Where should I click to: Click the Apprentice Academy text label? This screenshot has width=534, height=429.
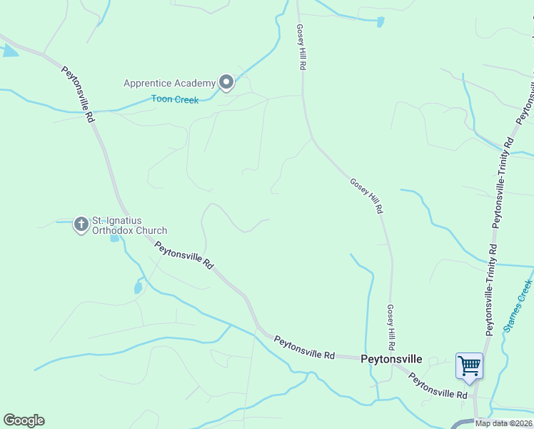pyautogui.click(x=169, y=83)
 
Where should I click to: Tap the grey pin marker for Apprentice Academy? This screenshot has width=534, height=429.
pyautogui.click(x=226, y=83)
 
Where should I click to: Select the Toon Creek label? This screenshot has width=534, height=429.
pyautogui.click(x=175, y=99)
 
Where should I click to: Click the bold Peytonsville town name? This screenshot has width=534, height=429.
pyautogui.click(x=391, y=359)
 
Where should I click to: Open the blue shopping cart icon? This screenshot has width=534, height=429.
pyautogui.click(x=469, y=366)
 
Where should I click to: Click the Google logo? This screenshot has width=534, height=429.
pyautogui.click(x=24, y=420)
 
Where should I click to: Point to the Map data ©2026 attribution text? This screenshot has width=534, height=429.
pyautogui.click(x=503, y=423)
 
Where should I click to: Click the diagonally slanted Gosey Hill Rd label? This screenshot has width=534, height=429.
pyautogui.click(x=367, y=195)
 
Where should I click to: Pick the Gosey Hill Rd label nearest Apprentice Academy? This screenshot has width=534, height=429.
pyautogui.click(x=301, y=46)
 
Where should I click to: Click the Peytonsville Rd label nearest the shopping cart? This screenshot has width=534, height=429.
pyautogui.click(x=438, y=385)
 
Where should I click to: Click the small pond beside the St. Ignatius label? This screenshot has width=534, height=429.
pyautogui.click(x=114, y=238)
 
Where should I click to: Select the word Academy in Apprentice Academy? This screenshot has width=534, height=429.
pyautogui.click(x=195, y=83)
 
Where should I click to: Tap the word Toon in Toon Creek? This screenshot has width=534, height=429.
pyautogui.click(x=162, y=99)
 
